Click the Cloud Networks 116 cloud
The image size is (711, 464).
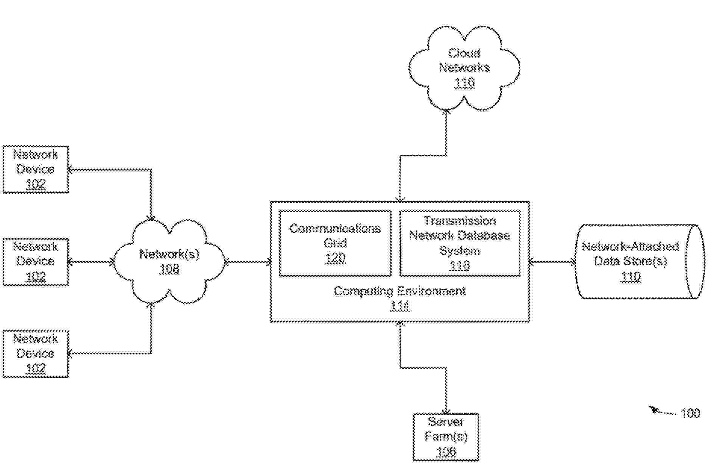pyautogui.click(x=464, y=68)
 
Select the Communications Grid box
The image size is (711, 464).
pyautogui.click(x=335, y=243)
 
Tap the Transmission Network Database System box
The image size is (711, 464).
pyautogui.click(x=460, y=243)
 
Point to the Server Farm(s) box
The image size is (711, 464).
pyautogui.click(x=446, y=437)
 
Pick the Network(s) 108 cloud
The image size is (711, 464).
pyautogui.click(x=170, y=262)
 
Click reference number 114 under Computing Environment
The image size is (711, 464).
pyautogui.click(x=400, y=306)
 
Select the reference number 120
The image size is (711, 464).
pyautogui.click(x=335, y=258)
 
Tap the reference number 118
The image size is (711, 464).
pyautogui.click(x=460, y=266)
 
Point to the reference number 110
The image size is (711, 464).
pyautogui.click(x=630, y=277)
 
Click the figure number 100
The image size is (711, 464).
pyautogui.click(x=690, y=413)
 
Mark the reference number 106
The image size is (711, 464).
pyautogui.click(x=446, y=452)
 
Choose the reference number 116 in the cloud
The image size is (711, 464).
pyautogui.click(x=464, y=83)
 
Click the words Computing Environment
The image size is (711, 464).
pyautogui.click(x=400, y=291)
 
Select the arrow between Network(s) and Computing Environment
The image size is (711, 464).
pyautogui.click(x=248, y=262)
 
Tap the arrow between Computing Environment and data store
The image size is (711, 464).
pyautogui.click(x=552, y=262)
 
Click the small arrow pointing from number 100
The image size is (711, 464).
pyautogui.click(x=661, y=411)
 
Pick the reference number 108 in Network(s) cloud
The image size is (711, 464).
pyautogui.click(x=170, y=269)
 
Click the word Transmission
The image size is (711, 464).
pyautogui.click(x=459, y=221)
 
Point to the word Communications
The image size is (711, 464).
pyautogui.click(x=335, y=228)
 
